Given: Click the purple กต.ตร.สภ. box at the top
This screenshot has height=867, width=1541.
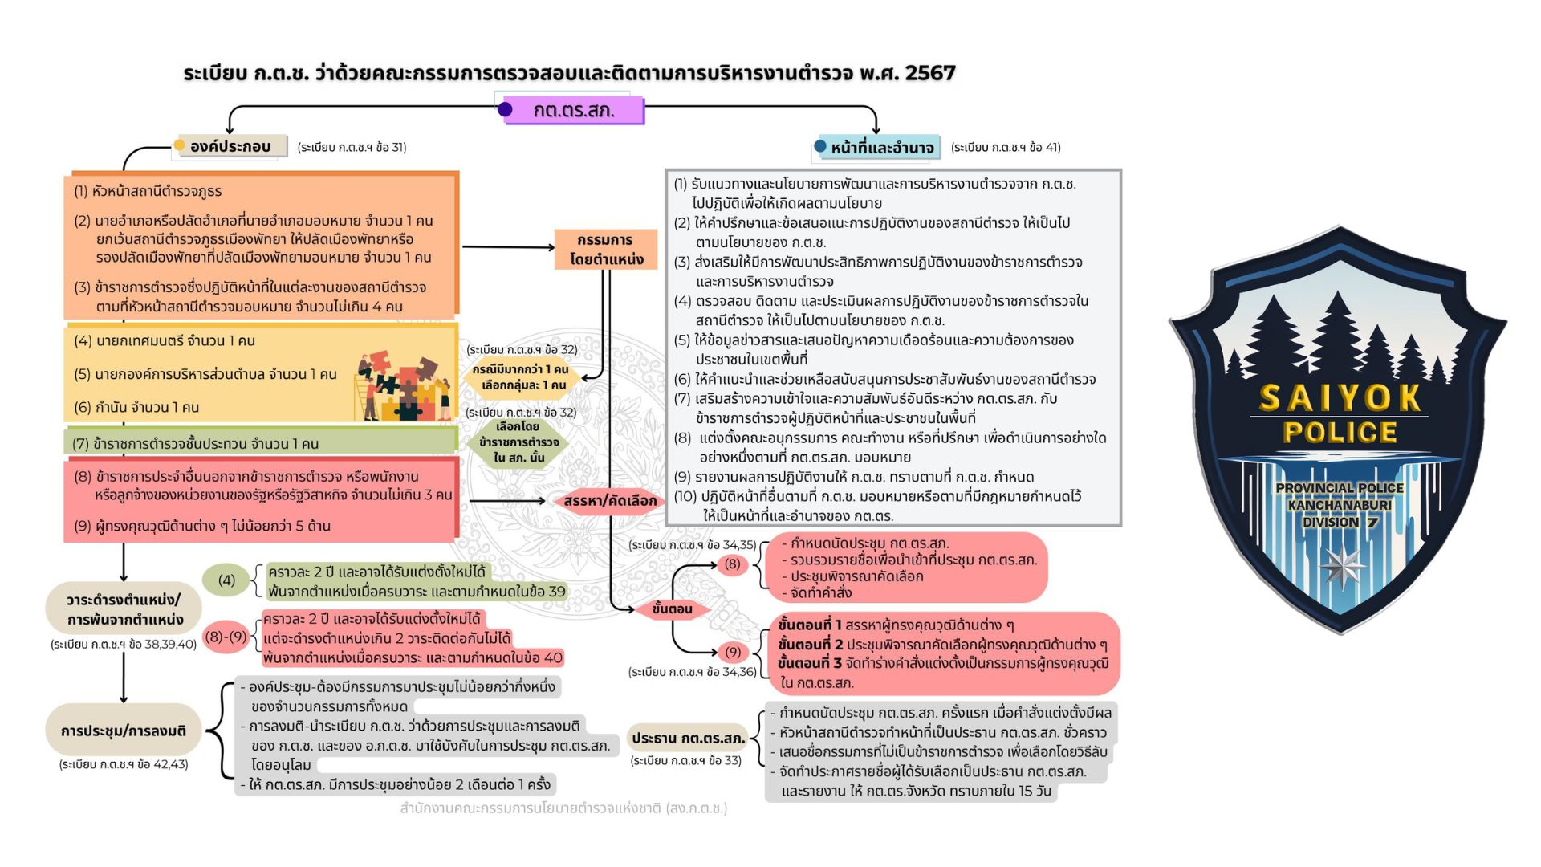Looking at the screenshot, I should (x=571, y=110).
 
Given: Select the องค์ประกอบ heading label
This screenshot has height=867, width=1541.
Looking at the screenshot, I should (x=231, y=146).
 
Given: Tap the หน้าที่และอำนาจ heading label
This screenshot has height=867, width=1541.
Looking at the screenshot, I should (x=880, y=147).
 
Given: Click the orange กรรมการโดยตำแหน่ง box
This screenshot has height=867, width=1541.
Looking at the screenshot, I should (x=606, y=249).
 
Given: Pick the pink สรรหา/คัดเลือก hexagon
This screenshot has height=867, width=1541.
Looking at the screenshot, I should (x=609, y=501).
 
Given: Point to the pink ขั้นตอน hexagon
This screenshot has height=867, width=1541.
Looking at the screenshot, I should (x=672, y=609).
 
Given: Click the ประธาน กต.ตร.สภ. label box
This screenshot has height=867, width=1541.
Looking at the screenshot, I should (x=688, y=738).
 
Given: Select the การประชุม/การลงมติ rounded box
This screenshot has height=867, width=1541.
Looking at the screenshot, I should (x=124, y=731).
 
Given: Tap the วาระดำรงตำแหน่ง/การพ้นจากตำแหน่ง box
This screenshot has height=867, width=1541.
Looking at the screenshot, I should (x=124, y=609).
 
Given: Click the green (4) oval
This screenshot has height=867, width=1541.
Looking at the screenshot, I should (x=226, y=580).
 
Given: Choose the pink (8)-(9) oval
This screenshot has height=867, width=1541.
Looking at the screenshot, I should (x=226, y=637).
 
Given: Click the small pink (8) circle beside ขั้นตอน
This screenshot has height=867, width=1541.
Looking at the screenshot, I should (x=732, y=564).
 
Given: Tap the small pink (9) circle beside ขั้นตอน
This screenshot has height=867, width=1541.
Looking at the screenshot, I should (x=732, y=651).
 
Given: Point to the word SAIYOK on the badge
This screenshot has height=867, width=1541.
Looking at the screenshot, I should (x=1340, y=397).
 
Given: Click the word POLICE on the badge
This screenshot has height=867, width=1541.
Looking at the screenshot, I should (x=1340, y=433).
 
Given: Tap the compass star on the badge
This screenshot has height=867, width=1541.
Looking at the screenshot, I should (x=1341, y=567).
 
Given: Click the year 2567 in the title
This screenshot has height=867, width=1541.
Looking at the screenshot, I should (x=930, y=73).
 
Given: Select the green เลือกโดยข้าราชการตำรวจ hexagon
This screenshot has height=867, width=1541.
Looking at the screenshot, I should (x=519, y=442).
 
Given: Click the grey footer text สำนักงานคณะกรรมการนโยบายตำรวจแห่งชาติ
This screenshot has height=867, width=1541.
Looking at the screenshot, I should (x=563, y=808).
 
